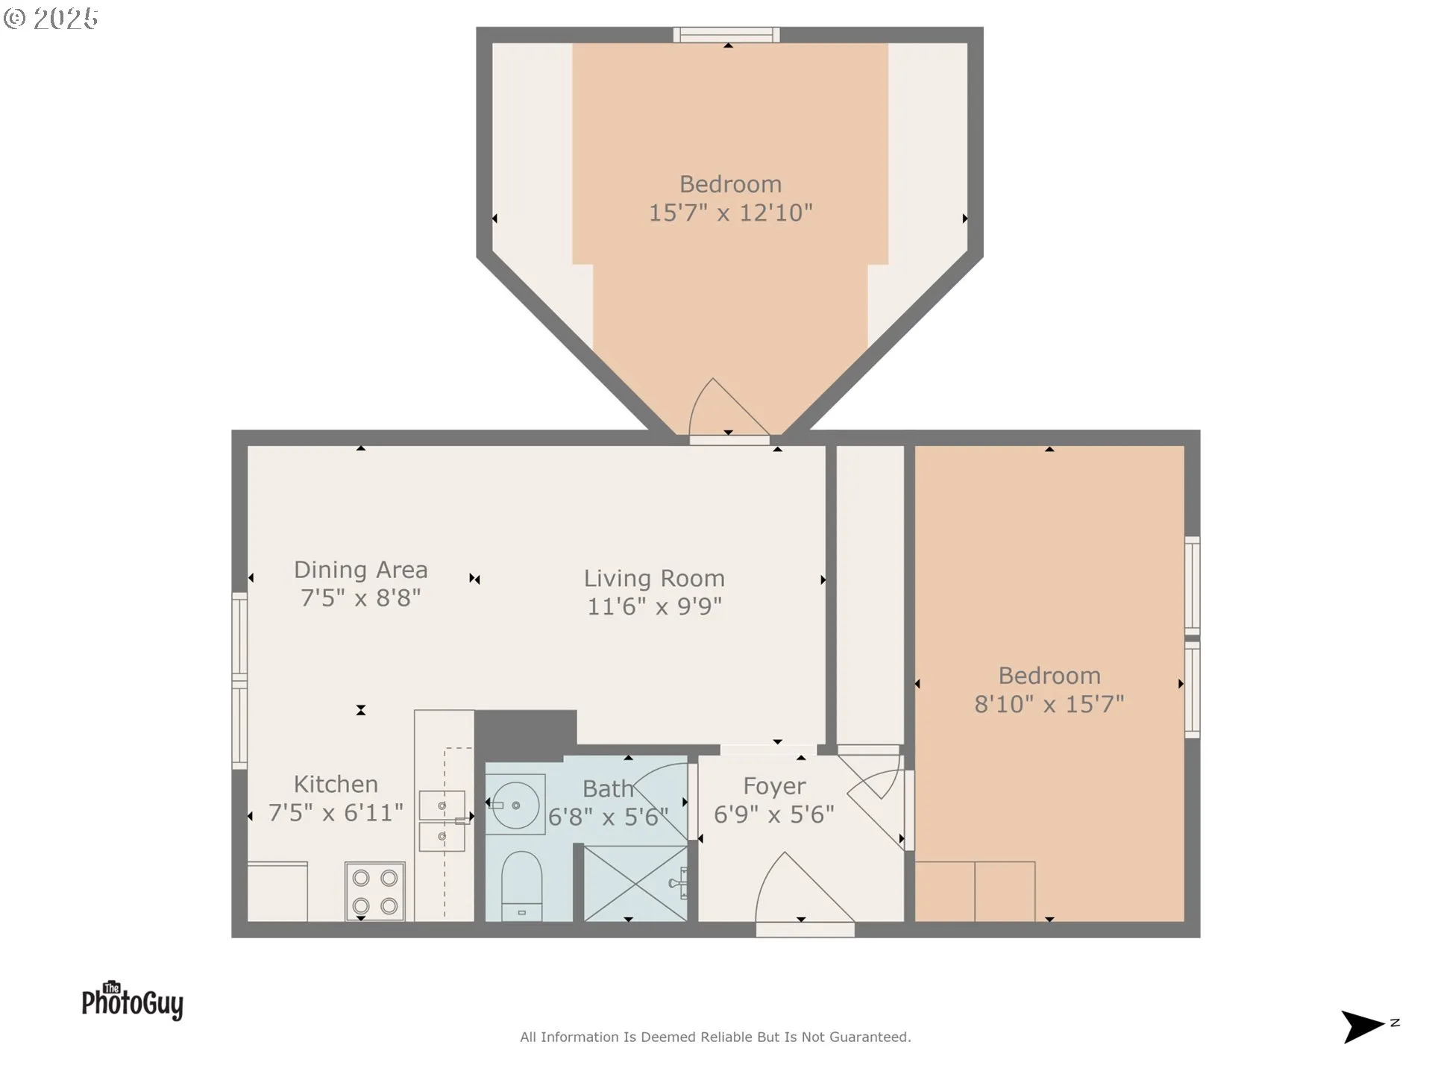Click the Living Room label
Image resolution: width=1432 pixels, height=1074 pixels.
click(x=654, y=579)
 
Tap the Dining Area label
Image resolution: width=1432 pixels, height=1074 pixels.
click(x=361, y=570)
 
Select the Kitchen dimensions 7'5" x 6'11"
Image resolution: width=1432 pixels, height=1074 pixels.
click(x=336, y=813)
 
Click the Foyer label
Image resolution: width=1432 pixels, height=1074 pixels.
click(x=774, y=786)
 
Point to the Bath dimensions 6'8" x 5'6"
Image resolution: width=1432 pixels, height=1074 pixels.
click(x=608, y=817)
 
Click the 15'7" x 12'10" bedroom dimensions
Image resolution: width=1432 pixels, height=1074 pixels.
click(x=730, y=213)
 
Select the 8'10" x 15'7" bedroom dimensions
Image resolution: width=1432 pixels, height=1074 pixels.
click(x=1049, y=704)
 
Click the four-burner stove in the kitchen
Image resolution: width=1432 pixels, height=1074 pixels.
click(x=375, y=891)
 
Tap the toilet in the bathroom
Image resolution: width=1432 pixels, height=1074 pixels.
click(x=521, y=886)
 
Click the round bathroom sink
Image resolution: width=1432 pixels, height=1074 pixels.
click(x=516, y=805)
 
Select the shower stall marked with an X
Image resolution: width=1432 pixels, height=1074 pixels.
click(x=635, y=884)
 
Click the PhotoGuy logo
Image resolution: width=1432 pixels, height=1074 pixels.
click(x=133, y=1001)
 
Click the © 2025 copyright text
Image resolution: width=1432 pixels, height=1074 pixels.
click(x=51, y=19)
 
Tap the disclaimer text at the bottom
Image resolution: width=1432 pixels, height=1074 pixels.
click(x=715, y=1037)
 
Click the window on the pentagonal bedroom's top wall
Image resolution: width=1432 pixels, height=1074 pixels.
click(x=726, y=35)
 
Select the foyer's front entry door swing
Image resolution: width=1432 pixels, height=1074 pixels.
click(x=802, y=891)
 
